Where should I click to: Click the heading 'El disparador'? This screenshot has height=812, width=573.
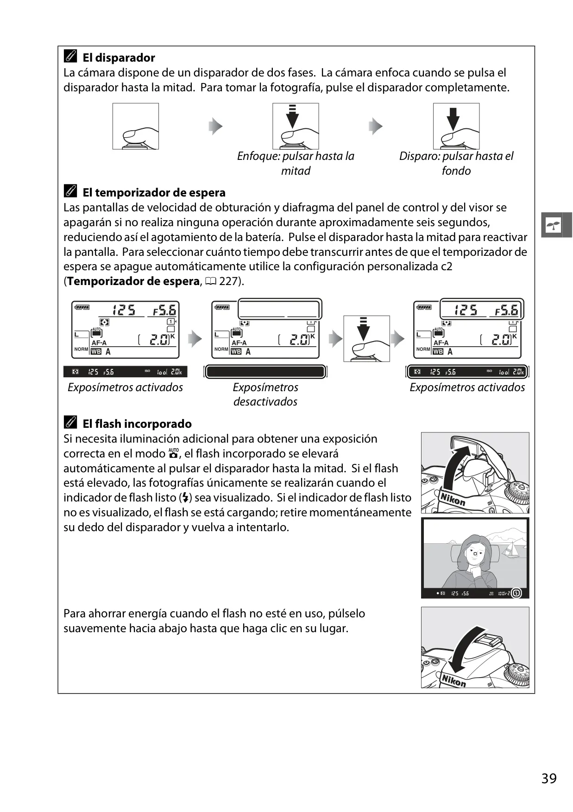click(x=119, y=58)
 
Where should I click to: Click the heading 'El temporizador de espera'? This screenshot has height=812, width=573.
click(x=154, y=193)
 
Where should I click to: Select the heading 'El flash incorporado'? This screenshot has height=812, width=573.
click(x=137, y=424)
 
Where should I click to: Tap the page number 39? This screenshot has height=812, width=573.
click(x=549, y=778)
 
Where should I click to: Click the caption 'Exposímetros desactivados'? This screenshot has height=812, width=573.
click(x=265, y=394)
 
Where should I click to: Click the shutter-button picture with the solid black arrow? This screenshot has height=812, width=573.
click(x=456, y=126)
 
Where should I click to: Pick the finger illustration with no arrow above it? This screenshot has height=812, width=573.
click(x=136, y=126)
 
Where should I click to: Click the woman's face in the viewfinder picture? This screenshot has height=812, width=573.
click(x=475, y=554)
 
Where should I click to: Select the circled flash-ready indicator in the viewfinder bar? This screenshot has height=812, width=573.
click(x=517, y=593)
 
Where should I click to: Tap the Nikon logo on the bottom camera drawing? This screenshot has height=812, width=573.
click(x=453, y=680)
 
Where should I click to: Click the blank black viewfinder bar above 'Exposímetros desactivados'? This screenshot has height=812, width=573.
click(x=265, y=372)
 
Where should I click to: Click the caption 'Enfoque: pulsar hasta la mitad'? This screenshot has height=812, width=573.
click(x=296, y=164)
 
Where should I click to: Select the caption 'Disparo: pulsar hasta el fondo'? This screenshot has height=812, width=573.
click(x=456, y=164)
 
